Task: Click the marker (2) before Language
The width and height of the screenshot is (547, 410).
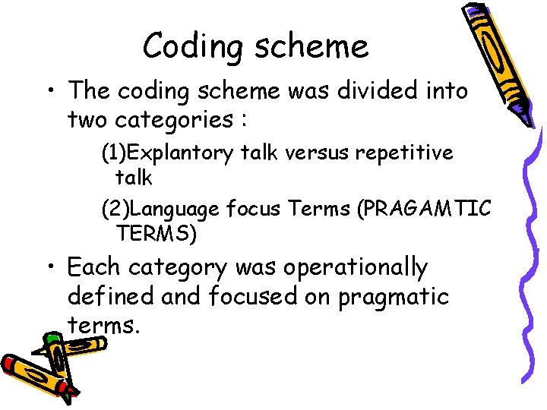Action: coord(115,208)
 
